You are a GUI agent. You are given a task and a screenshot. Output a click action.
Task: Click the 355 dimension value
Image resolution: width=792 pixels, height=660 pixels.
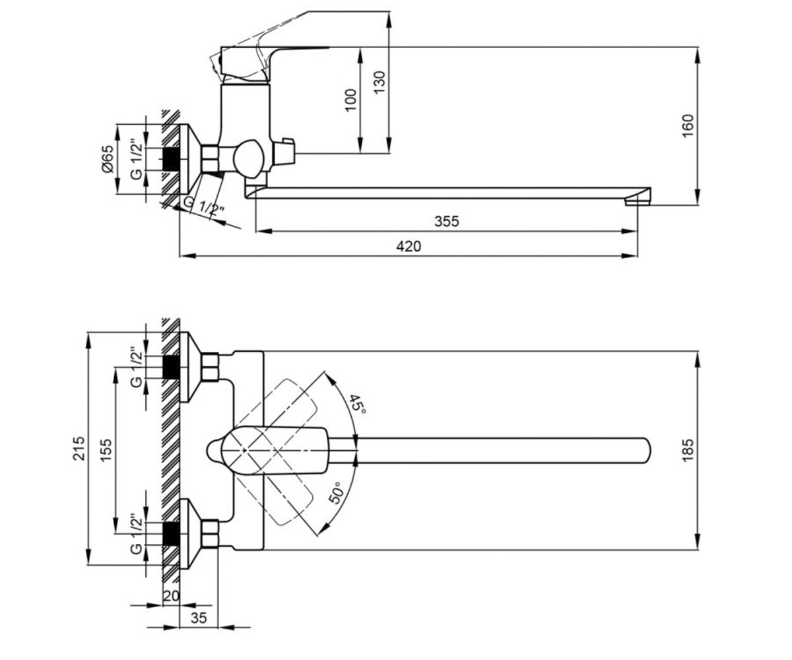pos(446,221)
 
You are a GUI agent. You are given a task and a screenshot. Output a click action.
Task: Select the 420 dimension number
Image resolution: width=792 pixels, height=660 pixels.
pos(409,247)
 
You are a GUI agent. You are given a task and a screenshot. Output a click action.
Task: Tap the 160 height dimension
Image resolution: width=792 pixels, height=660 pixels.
pos(687,126)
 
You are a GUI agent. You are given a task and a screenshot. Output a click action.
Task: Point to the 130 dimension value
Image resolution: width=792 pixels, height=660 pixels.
pos(379,82)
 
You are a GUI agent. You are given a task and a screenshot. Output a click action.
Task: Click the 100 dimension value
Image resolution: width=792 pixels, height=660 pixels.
pos(351,100)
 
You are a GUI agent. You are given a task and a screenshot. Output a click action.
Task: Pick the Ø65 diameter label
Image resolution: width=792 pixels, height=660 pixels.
pos(108,158)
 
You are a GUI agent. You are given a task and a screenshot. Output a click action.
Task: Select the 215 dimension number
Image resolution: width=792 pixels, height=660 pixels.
pos(79,448)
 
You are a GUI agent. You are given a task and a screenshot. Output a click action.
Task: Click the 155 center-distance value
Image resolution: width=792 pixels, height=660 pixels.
pos(106,450)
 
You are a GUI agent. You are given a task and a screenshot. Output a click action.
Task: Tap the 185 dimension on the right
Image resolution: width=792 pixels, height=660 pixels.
pos(687,450)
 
